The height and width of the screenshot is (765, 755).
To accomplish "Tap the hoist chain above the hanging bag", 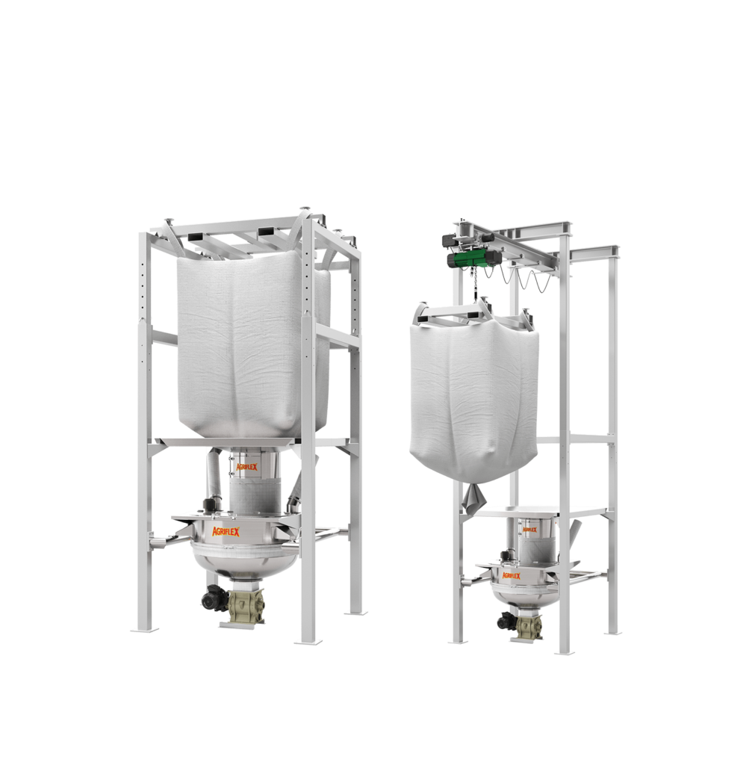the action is [473, 285].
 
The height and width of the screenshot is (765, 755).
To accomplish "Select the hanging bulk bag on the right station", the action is [474, 394].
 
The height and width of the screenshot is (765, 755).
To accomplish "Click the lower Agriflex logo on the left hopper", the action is [226, 531].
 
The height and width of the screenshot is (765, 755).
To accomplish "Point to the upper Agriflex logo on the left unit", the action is [246, 467].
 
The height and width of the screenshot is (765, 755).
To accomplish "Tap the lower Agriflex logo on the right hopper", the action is [511, 576].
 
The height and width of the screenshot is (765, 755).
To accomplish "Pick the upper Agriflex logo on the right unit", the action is [529, 530].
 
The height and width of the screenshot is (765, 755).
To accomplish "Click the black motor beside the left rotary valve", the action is [214, 598].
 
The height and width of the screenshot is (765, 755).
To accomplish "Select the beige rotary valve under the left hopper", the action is [246, 605].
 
